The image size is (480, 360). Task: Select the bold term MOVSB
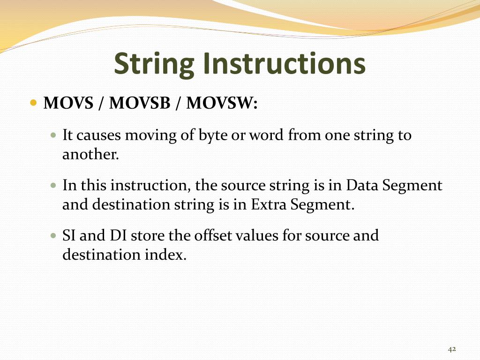point(140,103)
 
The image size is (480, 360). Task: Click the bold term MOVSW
point(222,103)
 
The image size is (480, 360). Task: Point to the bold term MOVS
point(68,103)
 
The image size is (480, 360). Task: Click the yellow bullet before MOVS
point(33,103)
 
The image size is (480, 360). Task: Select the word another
point(90,154)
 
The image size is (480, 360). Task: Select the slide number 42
point(452,349)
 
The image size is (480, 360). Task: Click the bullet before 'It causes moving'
point(53,136)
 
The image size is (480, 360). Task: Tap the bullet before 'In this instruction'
point(53,186)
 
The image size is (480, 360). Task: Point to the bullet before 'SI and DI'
point(53,236)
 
